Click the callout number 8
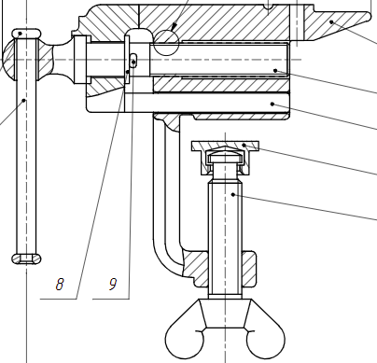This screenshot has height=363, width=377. (x=60, y=284)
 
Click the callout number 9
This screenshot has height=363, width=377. (x=113, y=284)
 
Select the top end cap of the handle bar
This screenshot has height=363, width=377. (x=26, y=33)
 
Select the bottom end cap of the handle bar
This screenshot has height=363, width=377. (x=26, y=258)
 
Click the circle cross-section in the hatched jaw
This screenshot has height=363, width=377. (x=166, y=43)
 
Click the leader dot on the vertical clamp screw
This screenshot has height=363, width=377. (x=233, y=195)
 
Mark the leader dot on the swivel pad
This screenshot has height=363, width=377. (x=244, y=145)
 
